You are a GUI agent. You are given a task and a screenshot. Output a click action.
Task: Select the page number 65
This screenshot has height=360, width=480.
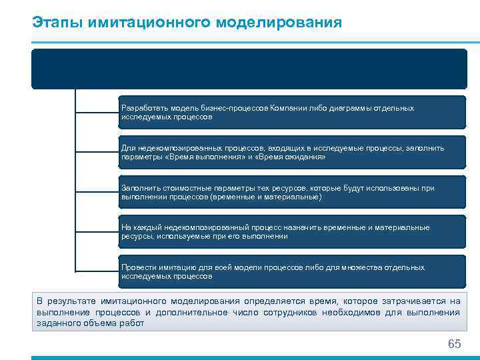pos(454,344)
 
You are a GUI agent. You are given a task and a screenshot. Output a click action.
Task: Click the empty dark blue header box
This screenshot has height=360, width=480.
pos(249,69)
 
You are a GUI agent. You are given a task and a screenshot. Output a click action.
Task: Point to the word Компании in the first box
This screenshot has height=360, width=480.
pos(288,108)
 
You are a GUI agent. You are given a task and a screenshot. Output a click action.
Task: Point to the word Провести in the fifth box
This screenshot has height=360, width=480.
pos(137,267)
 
